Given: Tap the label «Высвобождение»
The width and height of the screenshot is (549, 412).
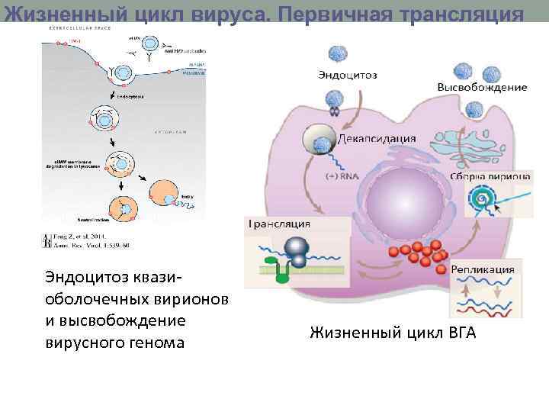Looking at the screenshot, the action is tap(481, 87).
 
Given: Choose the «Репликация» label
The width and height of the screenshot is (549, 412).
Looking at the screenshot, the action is tap(483, 269).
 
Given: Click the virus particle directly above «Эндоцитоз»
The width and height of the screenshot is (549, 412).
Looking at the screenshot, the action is tap(337, 54).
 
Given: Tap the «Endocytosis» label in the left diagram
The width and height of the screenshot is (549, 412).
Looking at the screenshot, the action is tap(132, 97).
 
